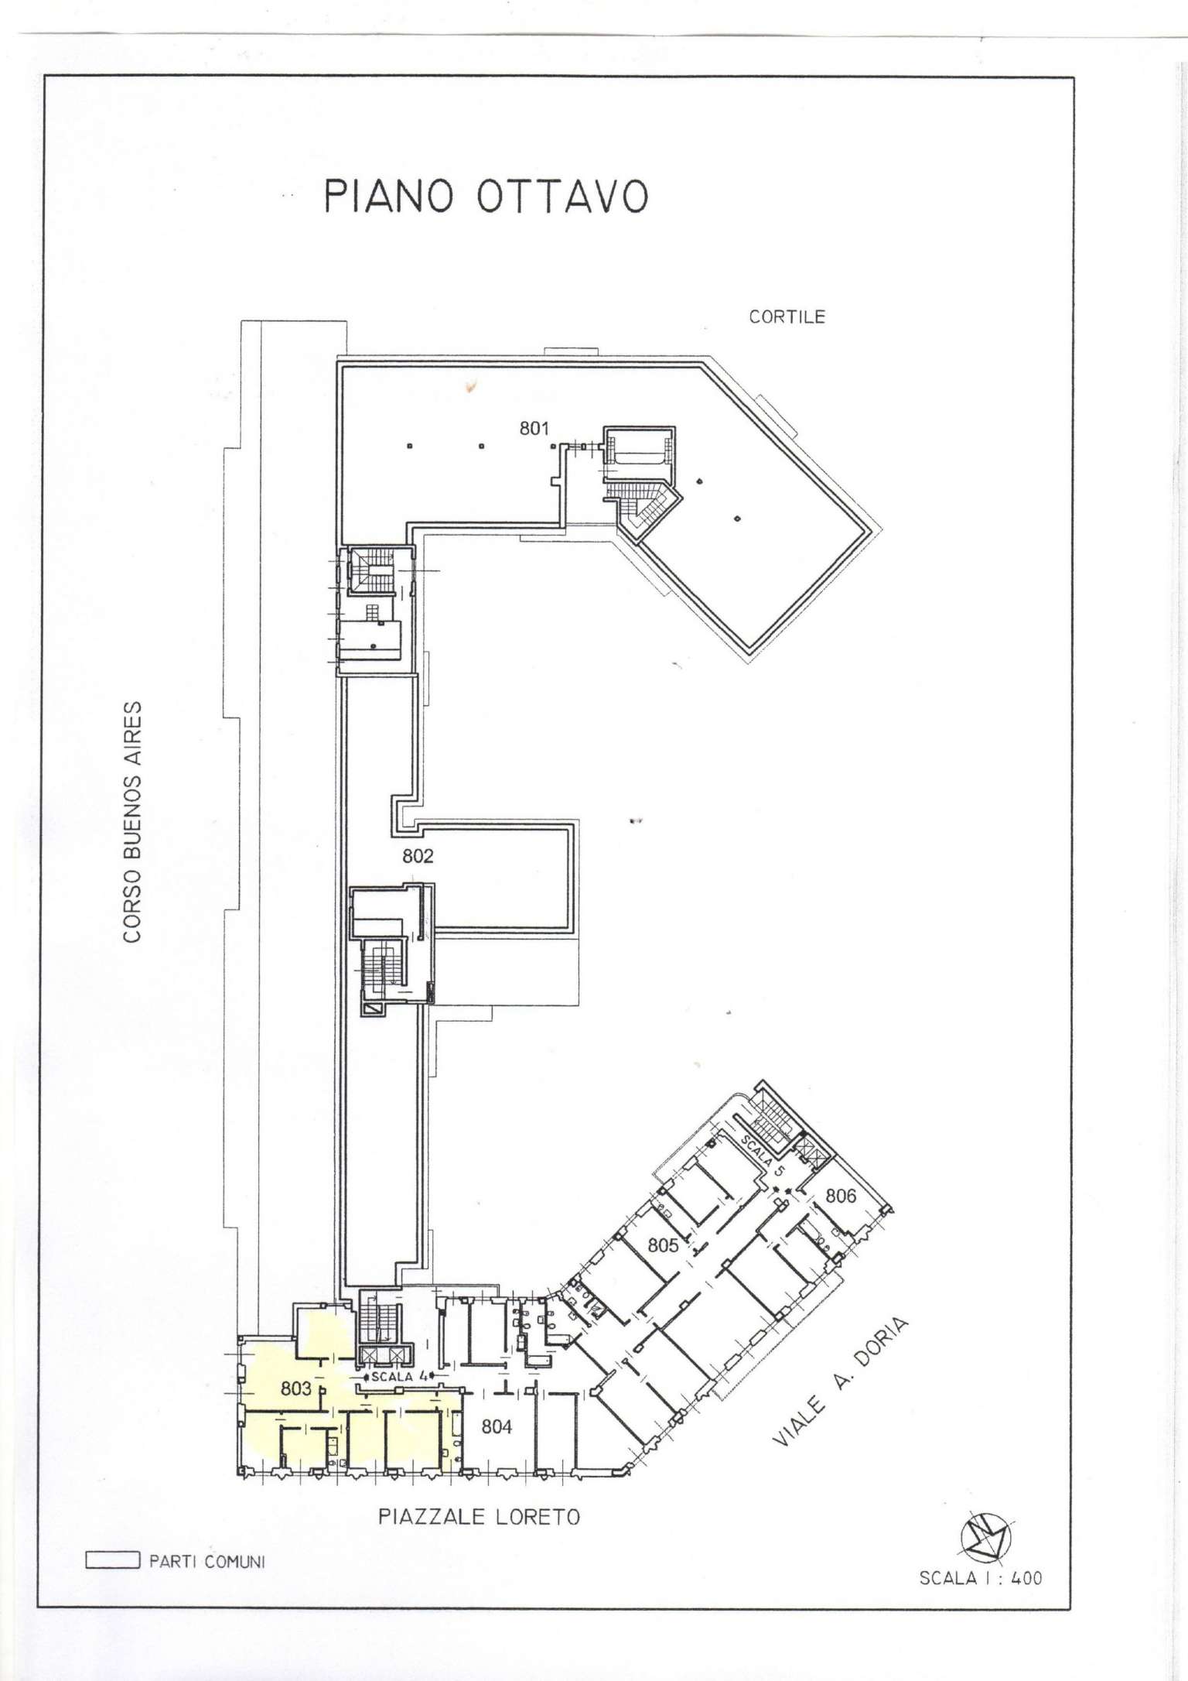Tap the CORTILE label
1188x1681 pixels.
tap(787, 317)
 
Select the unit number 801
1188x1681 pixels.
tap(534, 428)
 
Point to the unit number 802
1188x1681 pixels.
tap(418, 856)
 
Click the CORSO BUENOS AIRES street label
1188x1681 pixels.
tap(133, 822)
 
